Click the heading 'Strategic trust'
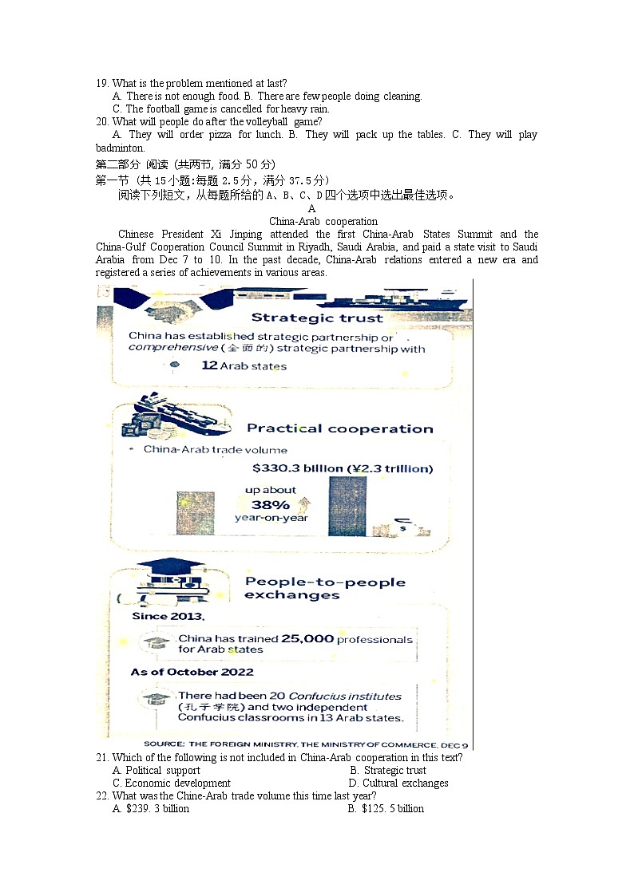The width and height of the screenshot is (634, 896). (x=317, y=318)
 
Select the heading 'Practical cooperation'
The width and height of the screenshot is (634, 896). (x=339, y=428)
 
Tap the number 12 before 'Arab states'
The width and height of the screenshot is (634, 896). (x=209, y=365)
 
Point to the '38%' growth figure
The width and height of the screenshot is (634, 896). (x=271, y=505)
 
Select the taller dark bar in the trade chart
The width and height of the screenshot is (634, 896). (x=347, y=507)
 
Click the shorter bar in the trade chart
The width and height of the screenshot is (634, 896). (x=195, y=514)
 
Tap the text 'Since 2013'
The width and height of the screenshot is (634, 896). (x=168, y=616)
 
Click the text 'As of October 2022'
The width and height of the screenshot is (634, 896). (x=192, y=672)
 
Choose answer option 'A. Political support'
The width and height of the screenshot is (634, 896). (x=157, y=770)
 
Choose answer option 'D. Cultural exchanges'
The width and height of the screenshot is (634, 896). (x=399, y=783)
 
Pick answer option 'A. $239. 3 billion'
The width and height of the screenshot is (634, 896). (x=151, y=808)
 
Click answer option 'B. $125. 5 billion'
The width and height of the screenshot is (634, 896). (x=386, y=808)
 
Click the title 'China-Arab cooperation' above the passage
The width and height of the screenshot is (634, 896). (x=323, y=221)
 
